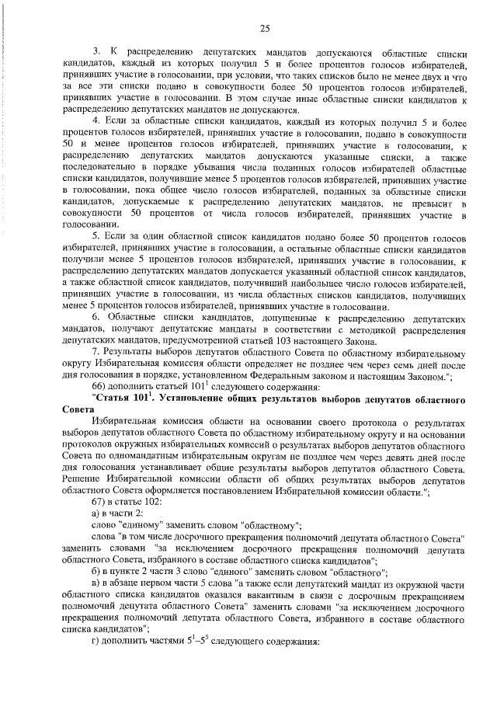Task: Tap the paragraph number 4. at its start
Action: [96, 120]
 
